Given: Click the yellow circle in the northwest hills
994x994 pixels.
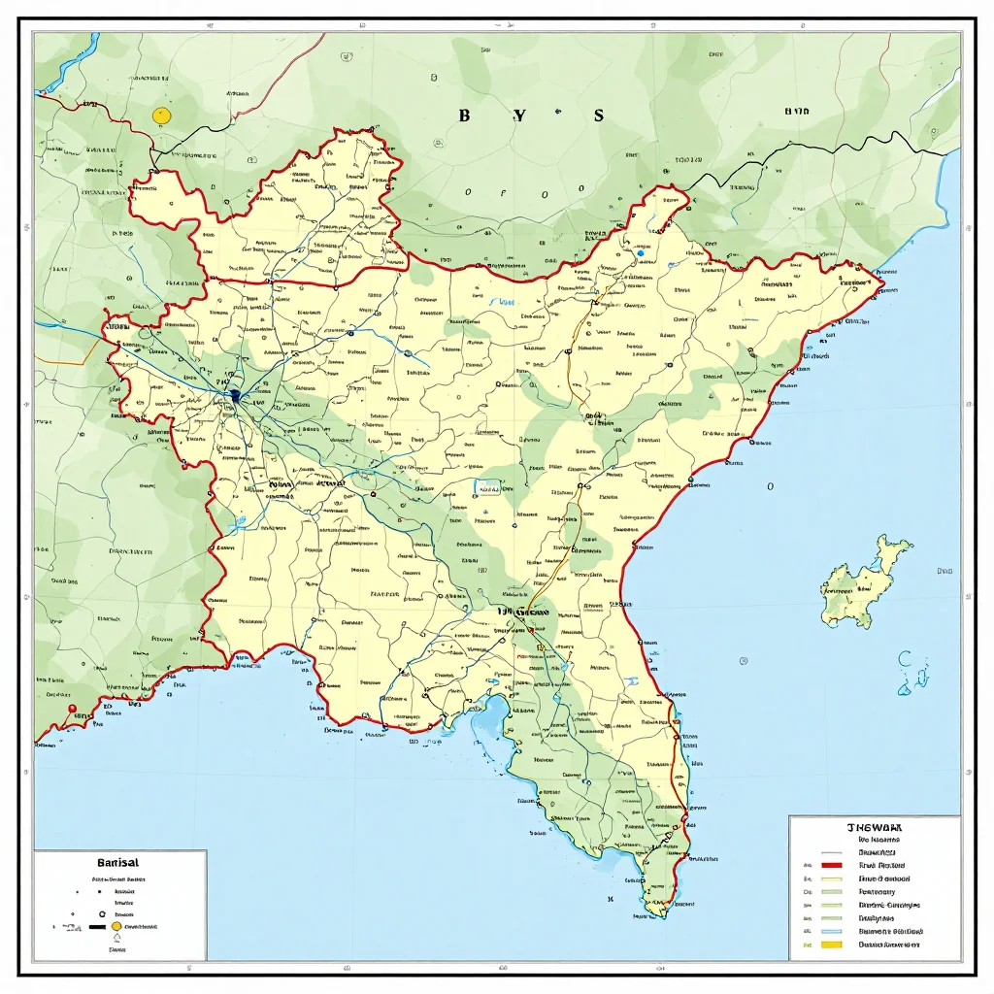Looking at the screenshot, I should click(x=162, y=116).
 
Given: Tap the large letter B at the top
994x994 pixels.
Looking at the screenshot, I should click(x=464, y=116).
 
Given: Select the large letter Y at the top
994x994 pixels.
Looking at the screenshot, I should click(x=519, y=116).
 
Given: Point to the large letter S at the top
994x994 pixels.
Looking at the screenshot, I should click(x=598, y=116).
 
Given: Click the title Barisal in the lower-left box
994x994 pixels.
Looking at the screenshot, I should click(x=118, y=862).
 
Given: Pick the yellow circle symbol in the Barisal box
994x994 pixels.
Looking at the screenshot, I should click(x=116, y=927).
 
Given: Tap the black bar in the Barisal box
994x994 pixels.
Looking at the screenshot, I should click(x=96, y=927).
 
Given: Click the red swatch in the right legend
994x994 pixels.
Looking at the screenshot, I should click(x=830, y=864).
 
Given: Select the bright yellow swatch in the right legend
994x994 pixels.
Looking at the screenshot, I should click(x=830, y=944).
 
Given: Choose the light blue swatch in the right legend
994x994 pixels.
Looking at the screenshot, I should click(x=830, y=930).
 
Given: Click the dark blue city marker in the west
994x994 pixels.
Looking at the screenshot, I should click(x=236, y=396).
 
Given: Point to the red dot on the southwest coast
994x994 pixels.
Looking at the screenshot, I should click(x=71, y=709).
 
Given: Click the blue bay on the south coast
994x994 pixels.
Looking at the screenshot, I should click(x=490, y=718).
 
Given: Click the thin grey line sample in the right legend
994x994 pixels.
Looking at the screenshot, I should click(x=830, y=851).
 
